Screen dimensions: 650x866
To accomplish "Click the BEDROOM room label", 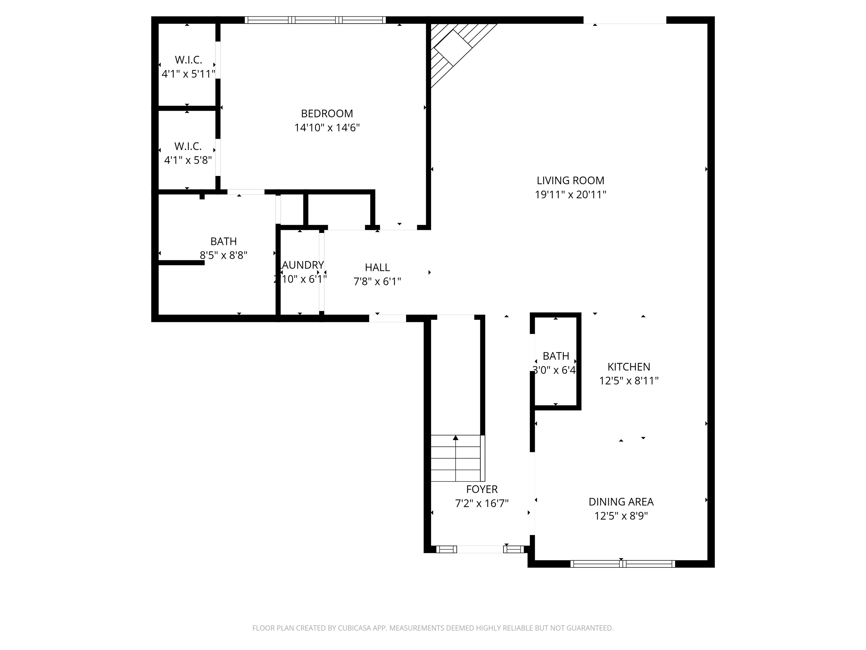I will (327, 114).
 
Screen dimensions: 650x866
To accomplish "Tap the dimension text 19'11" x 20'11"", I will (570, 195).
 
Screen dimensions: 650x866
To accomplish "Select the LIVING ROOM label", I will (570, 181).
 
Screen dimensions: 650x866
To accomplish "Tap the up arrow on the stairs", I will (456, 438).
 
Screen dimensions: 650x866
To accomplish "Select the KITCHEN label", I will (629, 367).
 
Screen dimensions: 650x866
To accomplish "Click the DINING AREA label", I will (621, 502).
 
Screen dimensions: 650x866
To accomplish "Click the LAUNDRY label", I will (302, 265).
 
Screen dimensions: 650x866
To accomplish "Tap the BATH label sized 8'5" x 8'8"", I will (224, 241).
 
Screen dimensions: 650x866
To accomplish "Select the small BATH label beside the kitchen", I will (556, 356).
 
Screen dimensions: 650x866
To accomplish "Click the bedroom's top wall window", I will (315, 20).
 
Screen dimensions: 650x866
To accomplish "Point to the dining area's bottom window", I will (622, 564).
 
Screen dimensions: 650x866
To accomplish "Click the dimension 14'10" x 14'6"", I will (327, 128).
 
